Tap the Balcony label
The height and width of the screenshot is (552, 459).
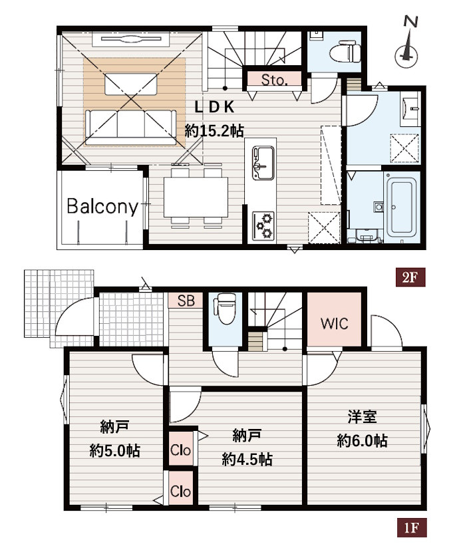102,206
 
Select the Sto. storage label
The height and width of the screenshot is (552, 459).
274,80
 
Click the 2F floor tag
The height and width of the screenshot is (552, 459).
410,278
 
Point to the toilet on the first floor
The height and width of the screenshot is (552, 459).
225,309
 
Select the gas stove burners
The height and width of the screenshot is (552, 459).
263,226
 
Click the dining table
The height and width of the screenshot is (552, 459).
196,197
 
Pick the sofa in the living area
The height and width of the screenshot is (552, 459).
130,127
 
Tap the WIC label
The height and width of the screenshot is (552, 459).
335,323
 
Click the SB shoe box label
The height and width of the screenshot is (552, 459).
186,301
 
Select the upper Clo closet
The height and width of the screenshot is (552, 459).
180,450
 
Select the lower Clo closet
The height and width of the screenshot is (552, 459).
180,491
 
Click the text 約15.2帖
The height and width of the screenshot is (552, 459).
214,132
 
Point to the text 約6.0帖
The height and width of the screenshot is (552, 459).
362,440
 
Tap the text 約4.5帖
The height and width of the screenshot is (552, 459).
247,459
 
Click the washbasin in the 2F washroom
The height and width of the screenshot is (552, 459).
410,109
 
